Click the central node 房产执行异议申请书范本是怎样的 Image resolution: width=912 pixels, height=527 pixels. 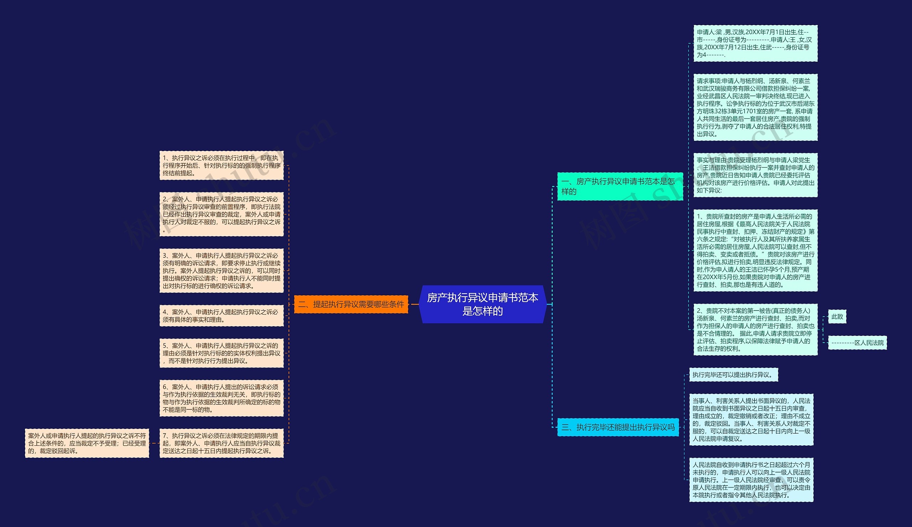(482, 304)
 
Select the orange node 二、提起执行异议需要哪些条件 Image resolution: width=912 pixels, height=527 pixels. (351, 304)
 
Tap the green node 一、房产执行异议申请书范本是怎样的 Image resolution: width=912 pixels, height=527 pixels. (620, 186)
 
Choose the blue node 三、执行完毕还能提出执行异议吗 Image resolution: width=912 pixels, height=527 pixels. (618, 427)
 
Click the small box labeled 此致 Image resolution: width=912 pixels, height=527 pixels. (837, 317)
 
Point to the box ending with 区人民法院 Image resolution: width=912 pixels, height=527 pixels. (857, 343)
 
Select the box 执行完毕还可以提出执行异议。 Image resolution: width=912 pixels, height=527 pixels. (734, 375)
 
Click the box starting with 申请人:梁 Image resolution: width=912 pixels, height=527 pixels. (755, 44)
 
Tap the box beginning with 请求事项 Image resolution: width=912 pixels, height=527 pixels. (755, 107)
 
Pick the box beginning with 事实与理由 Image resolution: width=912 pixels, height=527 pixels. (755, 175)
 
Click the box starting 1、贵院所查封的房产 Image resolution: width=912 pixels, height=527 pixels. (755, 250)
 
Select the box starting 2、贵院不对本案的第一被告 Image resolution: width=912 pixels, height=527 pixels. (755, 329)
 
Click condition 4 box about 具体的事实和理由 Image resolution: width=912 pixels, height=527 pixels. (221, 316)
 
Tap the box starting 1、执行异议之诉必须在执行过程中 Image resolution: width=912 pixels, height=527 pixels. (221, 165)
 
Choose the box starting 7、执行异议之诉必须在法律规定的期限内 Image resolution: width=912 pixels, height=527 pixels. (221, 443)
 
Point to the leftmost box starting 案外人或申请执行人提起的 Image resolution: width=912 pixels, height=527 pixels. (87, 443)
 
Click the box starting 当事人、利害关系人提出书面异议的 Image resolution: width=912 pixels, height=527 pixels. (751, 420)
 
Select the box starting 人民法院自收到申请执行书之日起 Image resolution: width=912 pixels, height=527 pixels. (751, 480)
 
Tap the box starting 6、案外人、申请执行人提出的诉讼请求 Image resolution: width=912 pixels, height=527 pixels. (221, 398)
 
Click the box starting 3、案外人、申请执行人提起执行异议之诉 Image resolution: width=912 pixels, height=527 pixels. (221, 271)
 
